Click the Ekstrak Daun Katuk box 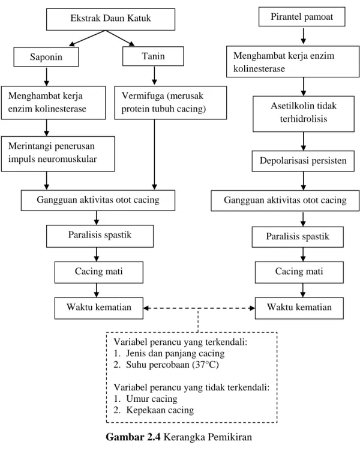(110, 19)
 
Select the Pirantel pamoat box (302, 17)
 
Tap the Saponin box (46, 56)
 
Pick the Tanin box (153, 56)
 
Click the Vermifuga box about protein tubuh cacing (170, 103)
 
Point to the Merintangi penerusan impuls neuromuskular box (58, 154)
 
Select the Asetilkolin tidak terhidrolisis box (304, 114)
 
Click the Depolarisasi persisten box (303, 161)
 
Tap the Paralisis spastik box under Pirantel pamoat (298, 237)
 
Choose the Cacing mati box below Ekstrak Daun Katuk (98, 272)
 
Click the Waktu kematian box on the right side (299, 308)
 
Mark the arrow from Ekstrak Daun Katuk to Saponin (87, 38)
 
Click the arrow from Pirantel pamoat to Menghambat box (303, 36)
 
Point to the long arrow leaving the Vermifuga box (154, 155)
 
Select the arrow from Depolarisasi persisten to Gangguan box (303, 181)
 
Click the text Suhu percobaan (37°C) (172, 365)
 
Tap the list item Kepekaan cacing (160, 410)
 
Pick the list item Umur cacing (152, 399)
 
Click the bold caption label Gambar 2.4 (133, 437)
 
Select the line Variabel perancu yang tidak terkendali (191, 387)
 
